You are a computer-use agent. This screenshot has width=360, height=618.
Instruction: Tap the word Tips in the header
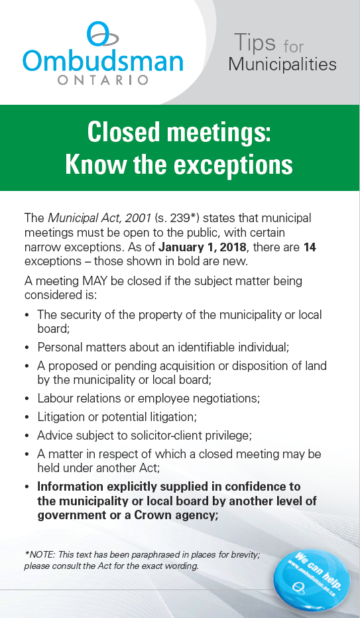pyautogui.click(x=255, y=43)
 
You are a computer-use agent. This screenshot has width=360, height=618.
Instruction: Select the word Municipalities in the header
pyautogui.click(x=282, y=64)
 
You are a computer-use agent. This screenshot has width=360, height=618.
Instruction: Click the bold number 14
pyautogui.click(x=310, y=247)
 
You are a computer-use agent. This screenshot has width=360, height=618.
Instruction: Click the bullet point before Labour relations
pyautogui.click(x=27, y=400)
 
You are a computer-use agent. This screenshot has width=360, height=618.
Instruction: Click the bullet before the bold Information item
pyautogui.click(x=27, y=487)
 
